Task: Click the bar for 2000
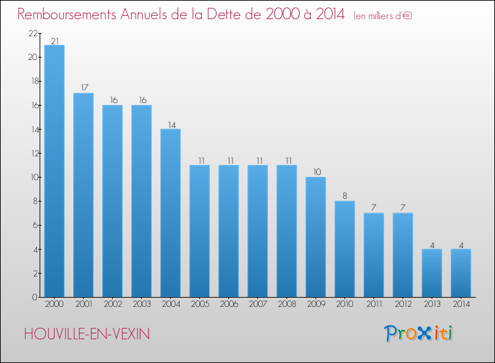pos(54,171)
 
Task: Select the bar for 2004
pos(170,213)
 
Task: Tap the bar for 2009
pos(315,237)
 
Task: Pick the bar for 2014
pos(461,273)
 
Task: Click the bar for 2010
pos(345,249)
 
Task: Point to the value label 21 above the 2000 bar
pos(54,41)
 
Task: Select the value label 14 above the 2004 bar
pos(170,124)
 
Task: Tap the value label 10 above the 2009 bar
pos(315,172)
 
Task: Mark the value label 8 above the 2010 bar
pos(345,196)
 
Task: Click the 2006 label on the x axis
pos(228,304)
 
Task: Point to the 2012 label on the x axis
pos(403,304)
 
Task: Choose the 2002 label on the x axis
pos(112,304)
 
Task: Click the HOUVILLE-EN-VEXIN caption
pos(86,334)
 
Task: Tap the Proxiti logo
pos(419,333)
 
